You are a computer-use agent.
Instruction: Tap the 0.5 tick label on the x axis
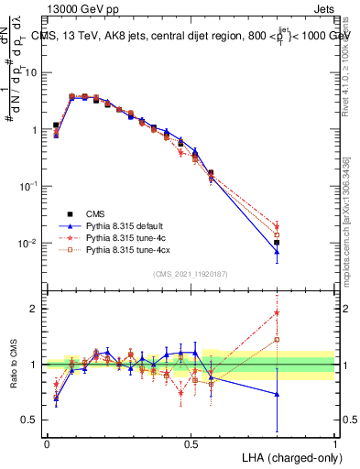(x=191, y=443)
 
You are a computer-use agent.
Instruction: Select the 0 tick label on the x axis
(x=47, y=443)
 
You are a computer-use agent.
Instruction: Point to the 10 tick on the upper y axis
(x=33, y=72)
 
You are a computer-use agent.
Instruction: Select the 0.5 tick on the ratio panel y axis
(x=33, y=420)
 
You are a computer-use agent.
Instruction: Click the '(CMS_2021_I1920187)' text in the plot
(x=191, y=273)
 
